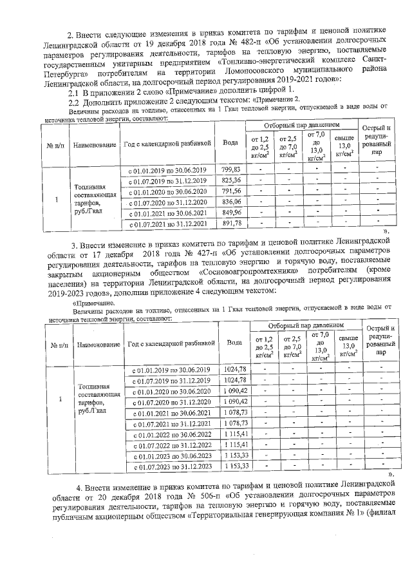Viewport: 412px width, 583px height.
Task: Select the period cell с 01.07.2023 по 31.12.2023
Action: tap(172, 466)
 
